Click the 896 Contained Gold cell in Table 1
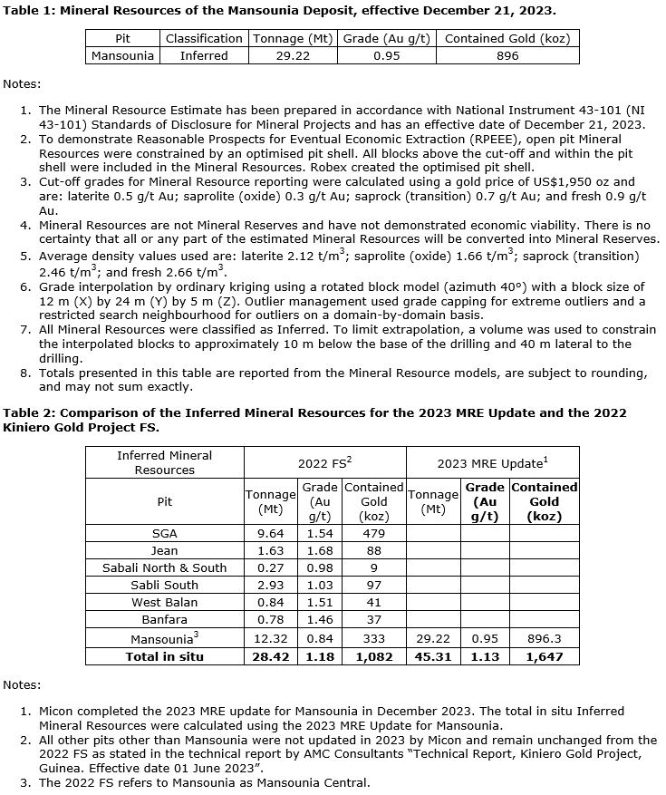click(x=507, y=55)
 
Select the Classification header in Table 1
click(x=204, y=39)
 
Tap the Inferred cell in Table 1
click(x=204, y=55)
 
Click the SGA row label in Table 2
click(x=165, y=533)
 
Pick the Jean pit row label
click(x=165, y=550)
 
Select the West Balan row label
click(x=165, y=602)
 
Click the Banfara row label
click(x=165, y=619)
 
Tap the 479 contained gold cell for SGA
click(x=373, y=533)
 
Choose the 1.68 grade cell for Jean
click(x=320, y=550)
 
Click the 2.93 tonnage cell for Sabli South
click(x=271, y=585)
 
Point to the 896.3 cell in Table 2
click(x=544, y=639)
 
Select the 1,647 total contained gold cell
click(x=544, y=656)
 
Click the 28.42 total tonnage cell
click(x=271, y=656)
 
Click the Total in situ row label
click(x=165, y=656)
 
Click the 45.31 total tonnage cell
click(x=433, y=656)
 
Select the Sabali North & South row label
click(x=165, y=567)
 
